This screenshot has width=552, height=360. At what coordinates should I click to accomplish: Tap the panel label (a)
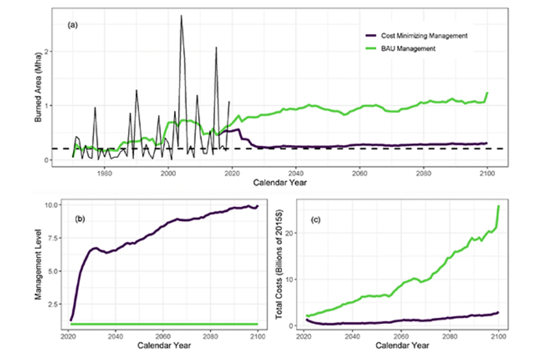(72, 26)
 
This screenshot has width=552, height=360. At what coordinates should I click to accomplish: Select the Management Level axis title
(37, 263)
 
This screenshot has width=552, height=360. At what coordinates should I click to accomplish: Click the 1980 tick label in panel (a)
(104, 173)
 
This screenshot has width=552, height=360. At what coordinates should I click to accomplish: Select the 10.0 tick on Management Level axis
(54, 204)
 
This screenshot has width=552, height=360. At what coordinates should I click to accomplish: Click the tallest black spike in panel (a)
(181, 16)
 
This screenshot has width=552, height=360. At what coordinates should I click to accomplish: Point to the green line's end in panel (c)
(499, 206)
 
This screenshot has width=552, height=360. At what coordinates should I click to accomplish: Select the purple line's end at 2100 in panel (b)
(258, 206)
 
